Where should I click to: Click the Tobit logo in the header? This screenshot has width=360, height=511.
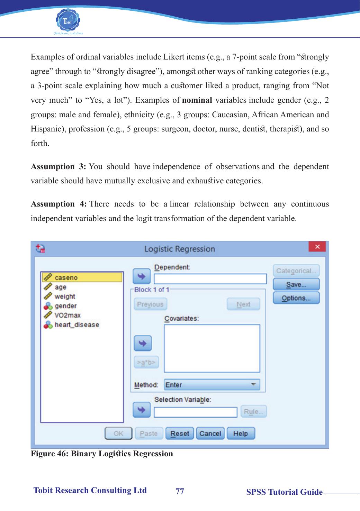pos(68,20)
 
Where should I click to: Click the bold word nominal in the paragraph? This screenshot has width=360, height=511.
pos(197,101)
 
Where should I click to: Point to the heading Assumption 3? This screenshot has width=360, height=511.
pos(58,166)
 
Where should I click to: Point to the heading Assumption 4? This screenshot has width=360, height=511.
pos(58,204)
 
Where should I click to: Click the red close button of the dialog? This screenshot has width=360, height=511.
pos(317,247)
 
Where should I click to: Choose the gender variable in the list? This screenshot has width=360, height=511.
pos(65,306)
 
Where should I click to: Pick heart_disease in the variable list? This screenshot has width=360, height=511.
pos(76,325)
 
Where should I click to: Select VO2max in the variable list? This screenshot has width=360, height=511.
pos(67,315)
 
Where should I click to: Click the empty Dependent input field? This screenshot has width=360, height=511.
pos(210,279)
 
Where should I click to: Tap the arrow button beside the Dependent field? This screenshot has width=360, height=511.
pos(142,276)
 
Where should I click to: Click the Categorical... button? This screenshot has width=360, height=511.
pos(296,271)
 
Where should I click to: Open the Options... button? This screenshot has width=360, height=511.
pos(296,298)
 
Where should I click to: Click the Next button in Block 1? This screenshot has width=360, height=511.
pos(243,304)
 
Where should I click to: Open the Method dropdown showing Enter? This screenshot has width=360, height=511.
pos(212,385)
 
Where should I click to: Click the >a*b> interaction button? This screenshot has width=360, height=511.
pos(146,362)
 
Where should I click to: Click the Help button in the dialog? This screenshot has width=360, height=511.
pos(241,434)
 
